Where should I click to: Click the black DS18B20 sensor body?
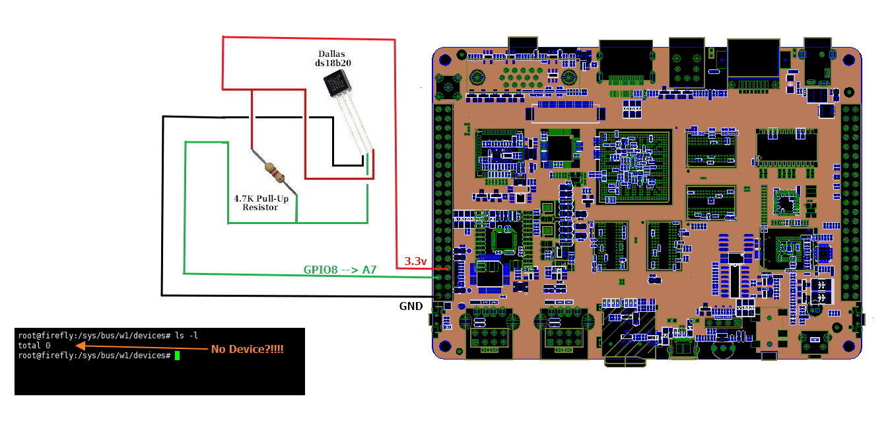click(x=337, y=83)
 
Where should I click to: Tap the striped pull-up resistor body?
click(x=275, y=171)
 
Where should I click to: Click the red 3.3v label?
click(x=415, y=261)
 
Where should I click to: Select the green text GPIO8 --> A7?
click(x=339, y=270)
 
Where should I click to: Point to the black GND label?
click(x=411, y=306)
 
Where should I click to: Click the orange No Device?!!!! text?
click(x=248, y=349)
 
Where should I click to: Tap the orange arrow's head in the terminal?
click(x=81, y=346)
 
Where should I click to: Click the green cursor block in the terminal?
click(x=177, y=356)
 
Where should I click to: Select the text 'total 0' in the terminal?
click(x=34, y=346)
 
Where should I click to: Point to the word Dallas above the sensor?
click(x=331, y=54)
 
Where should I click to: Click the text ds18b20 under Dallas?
click(x=333, y=63)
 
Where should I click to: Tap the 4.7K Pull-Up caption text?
click(x=261, y=198)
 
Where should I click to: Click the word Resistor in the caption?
click(x=260, y=208)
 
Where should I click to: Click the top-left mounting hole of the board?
click(x=445, y=60)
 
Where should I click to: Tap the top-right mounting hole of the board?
click(x=849, y=60)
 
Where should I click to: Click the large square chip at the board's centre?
click(x=634, y=167)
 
